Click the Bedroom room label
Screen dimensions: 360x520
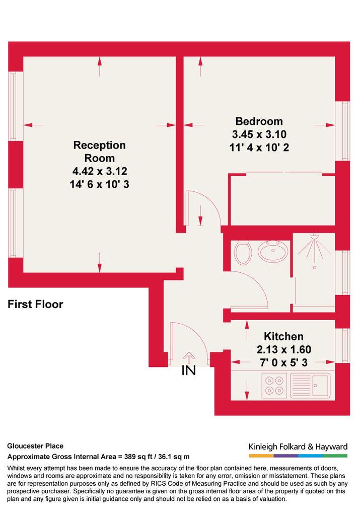pos(259,121)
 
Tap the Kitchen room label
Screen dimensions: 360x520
pos(283,336)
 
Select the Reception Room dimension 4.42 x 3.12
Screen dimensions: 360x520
pos(100,171)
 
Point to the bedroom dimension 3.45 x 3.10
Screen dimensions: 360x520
pos(259,134)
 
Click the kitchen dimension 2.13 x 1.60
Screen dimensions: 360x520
pos(283,349)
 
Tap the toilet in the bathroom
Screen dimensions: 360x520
pos(243,253)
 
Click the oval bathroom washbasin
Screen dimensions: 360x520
pos(273,251)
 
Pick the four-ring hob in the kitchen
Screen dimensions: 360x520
pos(274,386)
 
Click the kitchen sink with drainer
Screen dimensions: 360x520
pos(310,386)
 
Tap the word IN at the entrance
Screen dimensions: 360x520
pos(188,370)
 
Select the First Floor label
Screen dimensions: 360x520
pos(35,304)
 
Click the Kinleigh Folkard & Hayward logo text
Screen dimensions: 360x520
pos(298,447)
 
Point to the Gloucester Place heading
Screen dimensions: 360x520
pos(35,446)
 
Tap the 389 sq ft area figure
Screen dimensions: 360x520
pos(138,457)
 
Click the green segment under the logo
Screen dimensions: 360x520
pos(335,456)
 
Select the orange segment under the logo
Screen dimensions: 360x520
pos(261,456)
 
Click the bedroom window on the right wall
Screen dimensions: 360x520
pos(342,131)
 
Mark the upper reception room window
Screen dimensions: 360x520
pos(16,106)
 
